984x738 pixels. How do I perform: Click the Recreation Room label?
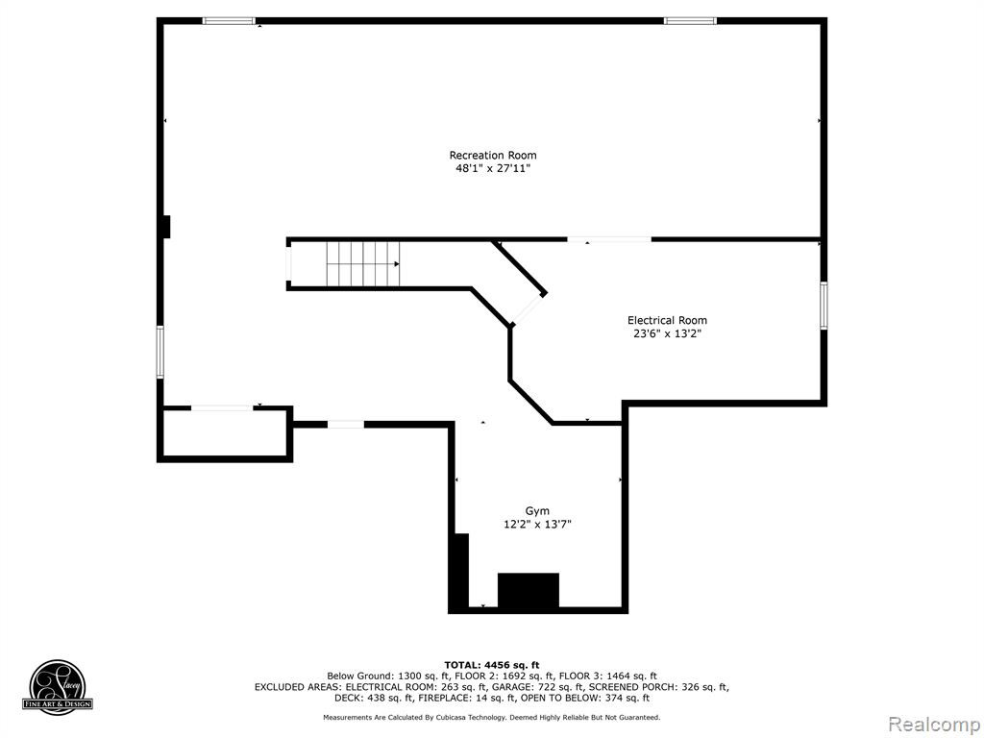click(493, 155)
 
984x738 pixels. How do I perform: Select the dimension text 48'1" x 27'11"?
click(493, 168)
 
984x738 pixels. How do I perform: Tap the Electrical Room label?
click(667, 320)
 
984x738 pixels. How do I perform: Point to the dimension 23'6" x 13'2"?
click(667, 333)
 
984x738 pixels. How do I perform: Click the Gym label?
click(537, 511)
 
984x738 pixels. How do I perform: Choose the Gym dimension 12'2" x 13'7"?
click(537, 525)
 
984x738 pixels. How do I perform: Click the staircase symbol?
click(362, 263)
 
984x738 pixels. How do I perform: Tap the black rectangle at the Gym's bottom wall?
click(529, 590)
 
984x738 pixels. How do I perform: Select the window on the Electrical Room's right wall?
click(824, 306)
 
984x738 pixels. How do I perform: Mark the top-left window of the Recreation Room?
click(229, 21)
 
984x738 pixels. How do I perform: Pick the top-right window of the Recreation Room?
click(690, 21)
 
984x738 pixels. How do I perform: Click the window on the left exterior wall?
click(160, 352)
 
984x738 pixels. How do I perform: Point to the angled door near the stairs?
click(528, 308)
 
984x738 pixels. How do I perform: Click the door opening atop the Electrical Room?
click(608, 239)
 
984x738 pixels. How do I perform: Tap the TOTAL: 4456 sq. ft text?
click(491, 665)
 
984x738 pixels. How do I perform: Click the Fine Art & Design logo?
click(58, 685)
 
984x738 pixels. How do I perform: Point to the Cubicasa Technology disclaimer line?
click(491, 717)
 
